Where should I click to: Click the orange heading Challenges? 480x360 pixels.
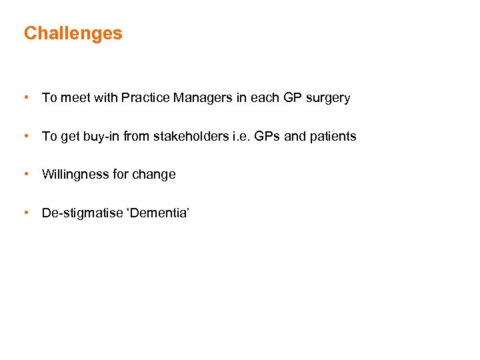tap(73, 33)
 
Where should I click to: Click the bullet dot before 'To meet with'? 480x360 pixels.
tap(25, 97)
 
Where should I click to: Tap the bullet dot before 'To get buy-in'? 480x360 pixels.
tap(25, 136)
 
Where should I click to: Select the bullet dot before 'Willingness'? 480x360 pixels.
tap(25, 174)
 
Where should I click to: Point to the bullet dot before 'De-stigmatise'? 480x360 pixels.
tap(25, 213)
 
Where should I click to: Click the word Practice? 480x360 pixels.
tap(145, 98)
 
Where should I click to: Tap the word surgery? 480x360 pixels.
tap(327, 99)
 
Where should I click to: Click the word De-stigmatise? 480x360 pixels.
tap(79, 213)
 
